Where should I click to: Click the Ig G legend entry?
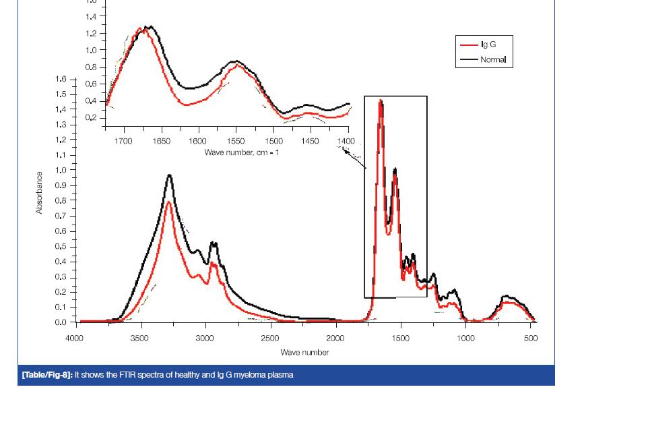(488, 45)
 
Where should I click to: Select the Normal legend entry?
(492, 59)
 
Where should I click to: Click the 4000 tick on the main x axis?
(74, 339)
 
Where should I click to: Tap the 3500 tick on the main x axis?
(139, 339)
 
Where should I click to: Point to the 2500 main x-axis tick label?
(269, 339)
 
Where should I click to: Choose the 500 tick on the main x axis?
(531, 339)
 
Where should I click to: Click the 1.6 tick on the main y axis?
(61, 80)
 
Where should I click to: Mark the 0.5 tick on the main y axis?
(61, 247)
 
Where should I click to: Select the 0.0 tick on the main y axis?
(61, 323)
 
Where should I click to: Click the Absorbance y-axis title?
(39, 193)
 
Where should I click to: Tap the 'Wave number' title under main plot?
(304, 352)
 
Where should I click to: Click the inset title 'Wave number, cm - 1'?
(242, 152)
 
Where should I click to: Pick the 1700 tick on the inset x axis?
(123, 142)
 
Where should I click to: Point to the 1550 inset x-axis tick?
(236, 142)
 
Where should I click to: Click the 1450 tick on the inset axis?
(310, 142)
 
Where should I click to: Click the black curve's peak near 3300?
(170, 176)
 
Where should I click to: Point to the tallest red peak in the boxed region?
(381, 102)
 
